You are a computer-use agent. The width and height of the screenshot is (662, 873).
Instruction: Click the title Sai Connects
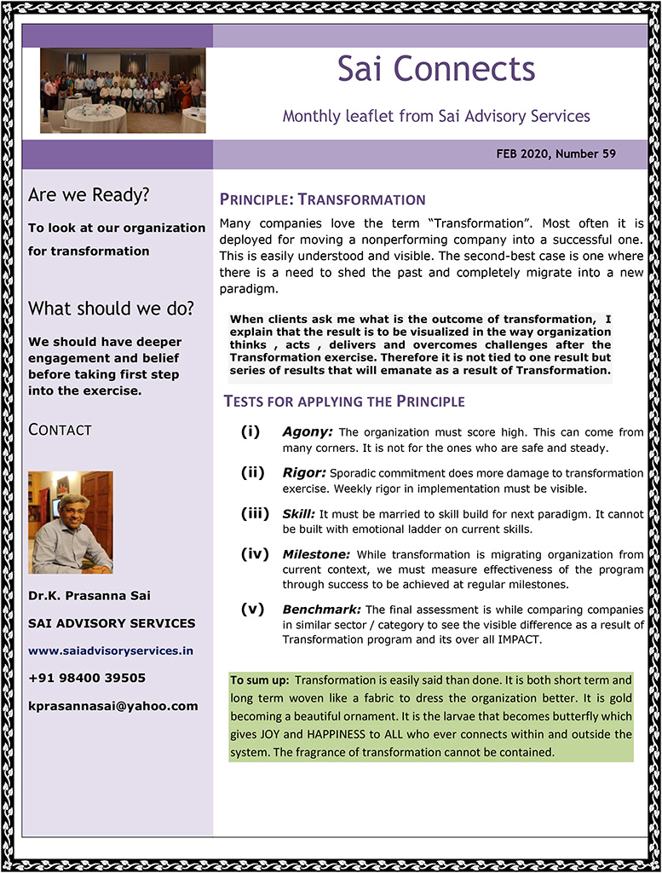tap(435, 69)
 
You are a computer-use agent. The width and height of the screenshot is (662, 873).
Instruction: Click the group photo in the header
tap(123, 90)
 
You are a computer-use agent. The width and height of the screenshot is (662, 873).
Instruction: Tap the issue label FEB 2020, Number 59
tap(556, 154)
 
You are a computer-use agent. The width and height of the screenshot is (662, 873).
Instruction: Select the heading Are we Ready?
tap(89, 195)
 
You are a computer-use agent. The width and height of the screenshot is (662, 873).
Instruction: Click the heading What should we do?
tap(111, 308)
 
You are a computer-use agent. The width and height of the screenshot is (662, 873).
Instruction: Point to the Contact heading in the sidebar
tap(60, 430)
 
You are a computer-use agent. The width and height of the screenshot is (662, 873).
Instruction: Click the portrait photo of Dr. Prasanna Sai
tap(70, 522)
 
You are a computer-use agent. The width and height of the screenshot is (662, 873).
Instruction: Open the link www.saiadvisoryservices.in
tap(111, 650)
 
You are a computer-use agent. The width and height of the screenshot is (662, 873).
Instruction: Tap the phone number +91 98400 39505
tap(87, 679)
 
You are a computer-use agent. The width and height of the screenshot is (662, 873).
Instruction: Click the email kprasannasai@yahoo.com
tap(112, 706)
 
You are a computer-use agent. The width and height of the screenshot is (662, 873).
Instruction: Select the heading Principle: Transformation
tap(322, 199)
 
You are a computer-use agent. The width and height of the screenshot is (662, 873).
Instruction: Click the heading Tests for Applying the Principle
tap(343, 402)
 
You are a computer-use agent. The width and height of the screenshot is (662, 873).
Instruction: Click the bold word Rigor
tap(303, 472)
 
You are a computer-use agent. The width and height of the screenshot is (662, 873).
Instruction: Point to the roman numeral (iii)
tap(255, 513)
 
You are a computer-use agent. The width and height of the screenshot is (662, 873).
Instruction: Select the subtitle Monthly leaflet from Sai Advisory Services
tap(435, 115)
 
